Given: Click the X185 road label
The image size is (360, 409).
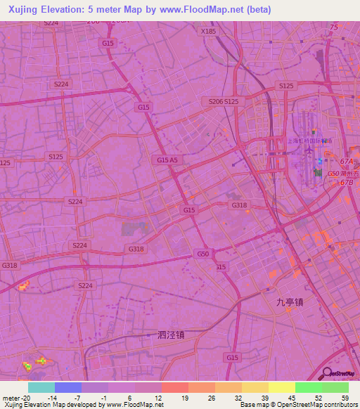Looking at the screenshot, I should tap(209, 31).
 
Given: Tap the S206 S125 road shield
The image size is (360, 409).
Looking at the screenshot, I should tap(224, 102).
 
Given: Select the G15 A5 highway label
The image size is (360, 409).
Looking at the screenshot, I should tap(167, 160).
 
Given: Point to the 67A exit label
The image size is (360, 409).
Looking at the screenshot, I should tap(346, 162).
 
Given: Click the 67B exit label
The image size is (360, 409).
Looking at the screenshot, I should tap(346, 183).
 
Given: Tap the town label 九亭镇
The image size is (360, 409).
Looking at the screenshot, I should tap(289, 302).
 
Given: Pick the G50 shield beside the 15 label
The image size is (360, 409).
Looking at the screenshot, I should tap(203, 253).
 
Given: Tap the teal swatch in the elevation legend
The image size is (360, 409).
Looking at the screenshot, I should tap(41, 387).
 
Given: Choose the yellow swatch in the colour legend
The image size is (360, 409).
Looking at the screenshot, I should tap(281, 387).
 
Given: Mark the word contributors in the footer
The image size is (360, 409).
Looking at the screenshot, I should tap(338, 405).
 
